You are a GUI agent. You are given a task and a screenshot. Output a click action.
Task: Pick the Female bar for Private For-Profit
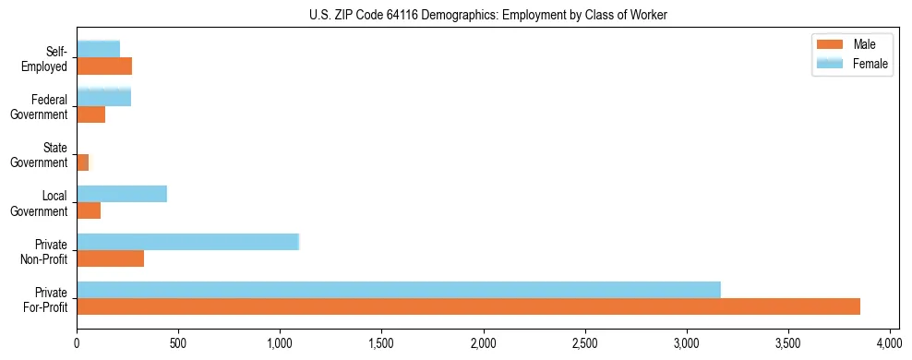[399, 290]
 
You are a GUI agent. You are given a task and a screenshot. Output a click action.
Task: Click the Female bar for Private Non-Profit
[187, 242]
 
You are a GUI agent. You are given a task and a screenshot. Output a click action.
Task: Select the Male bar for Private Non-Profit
[110, 258]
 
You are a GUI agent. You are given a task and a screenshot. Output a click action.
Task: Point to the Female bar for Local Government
[122, 194]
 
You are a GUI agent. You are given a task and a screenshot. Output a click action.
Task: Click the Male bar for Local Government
[89, 210]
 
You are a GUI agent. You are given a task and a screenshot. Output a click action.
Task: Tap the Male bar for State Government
[83, 162]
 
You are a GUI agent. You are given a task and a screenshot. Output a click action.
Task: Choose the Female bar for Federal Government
[103, 98]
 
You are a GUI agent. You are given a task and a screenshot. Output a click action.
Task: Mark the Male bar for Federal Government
[90, 114]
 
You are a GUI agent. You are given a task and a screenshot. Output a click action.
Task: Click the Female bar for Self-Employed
[98, 50]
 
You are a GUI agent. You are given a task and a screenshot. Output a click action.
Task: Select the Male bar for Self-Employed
[104, 66]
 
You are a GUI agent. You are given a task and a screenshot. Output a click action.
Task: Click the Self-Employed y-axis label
[47, 58]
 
